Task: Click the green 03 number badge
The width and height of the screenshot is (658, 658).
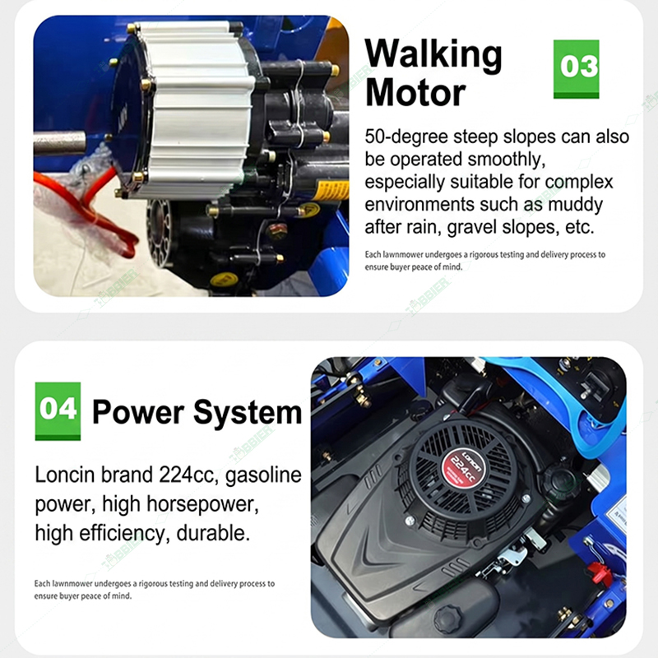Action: click(x=577, y=69)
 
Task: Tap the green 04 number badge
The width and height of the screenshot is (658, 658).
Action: click(x=58, y=411)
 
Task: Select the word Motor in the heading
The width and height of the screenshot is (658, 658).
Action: click(x=415, y=92)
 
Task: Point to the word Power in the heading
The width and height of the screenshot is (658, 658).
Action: click(x=138, y=412)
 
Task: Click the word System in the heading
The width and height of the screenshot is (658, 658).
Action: click(x=248, y=413)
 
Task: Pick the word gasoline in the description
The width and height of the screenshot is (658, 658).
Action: click(x=263, y=476)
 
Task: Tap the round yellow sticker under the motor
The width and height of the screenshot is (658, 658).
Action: click(x=224, y=279)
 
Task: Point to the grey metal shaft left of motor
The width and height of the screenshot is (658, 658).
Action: click(x=59, y=143)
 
